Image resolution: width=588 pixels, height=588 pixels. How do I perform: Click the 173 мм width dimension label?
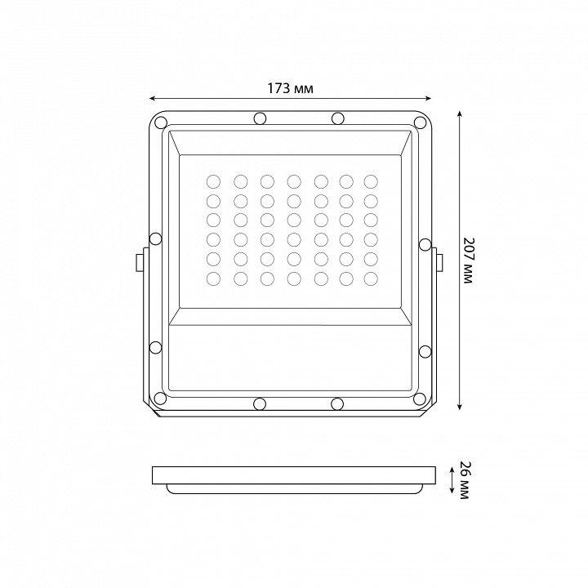(x=290, y=88)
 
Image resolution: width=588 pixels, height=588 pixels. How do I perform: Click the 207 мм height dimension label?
(x=468, y=261)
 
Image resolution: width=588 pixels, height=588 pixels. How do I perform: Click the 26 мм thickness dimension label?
(x=464, y=480)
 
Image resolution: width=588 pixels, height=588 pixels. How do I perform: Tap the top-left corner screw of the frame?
(x=161, y=122)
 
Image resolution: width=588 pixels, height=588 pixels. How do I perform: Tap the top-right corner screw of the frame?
(x=420, y=122)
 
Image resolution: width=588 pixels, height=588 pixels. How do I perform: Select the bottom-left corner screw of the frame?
(x=160, y=399)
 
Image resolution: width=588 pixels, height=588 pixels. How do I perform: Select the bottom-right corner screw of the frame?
(x=420, y=399)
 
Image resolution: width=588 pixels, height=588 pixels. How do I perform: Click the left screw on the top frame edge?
(x=260, y=118)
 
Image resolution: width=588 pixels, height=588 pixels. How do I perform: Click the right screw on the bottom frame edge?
(x=337, y=404)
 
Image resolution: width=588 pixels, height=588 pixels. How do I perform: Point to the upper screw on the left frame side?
(x=156, y=238)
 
